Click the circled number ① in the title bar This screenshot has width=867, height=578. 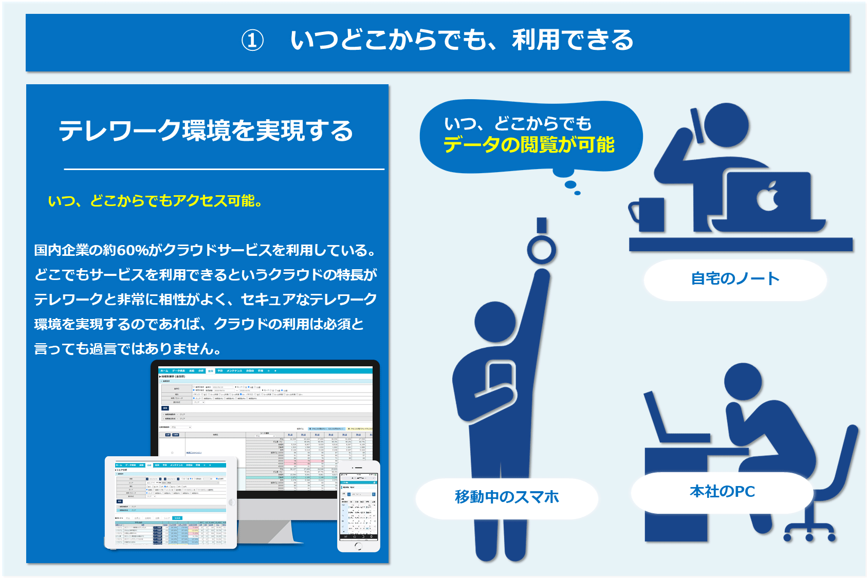252,41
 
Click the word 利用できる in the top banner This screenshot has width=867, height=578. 573,40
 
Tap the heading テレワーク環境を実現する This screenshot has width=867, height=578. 206,130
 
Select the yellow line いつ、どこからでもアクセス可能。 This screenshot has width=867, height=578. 155,201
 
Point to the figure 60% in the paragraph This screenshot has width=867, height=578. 133,250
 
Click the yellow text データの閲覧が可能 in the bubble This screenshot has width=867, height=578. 529,145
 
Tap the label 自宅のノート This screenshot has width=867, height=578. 735,279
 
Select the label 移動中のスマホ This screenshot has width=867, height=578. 507,497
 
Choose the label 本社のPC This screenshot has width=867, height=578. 722,492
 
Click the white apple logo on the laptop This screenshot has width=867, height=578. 768,196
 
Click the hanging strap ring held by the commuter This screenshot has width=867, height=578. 541,250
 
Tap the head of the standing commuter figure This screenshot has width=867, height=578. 495,324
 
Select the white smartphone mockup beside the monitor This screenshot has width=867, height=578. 359,506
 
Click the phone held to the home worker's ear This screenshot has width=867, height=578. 698,125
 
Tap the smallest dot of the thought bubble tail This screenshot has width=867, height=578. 578,193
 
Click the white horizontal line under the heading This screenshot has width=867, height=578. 224,169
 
